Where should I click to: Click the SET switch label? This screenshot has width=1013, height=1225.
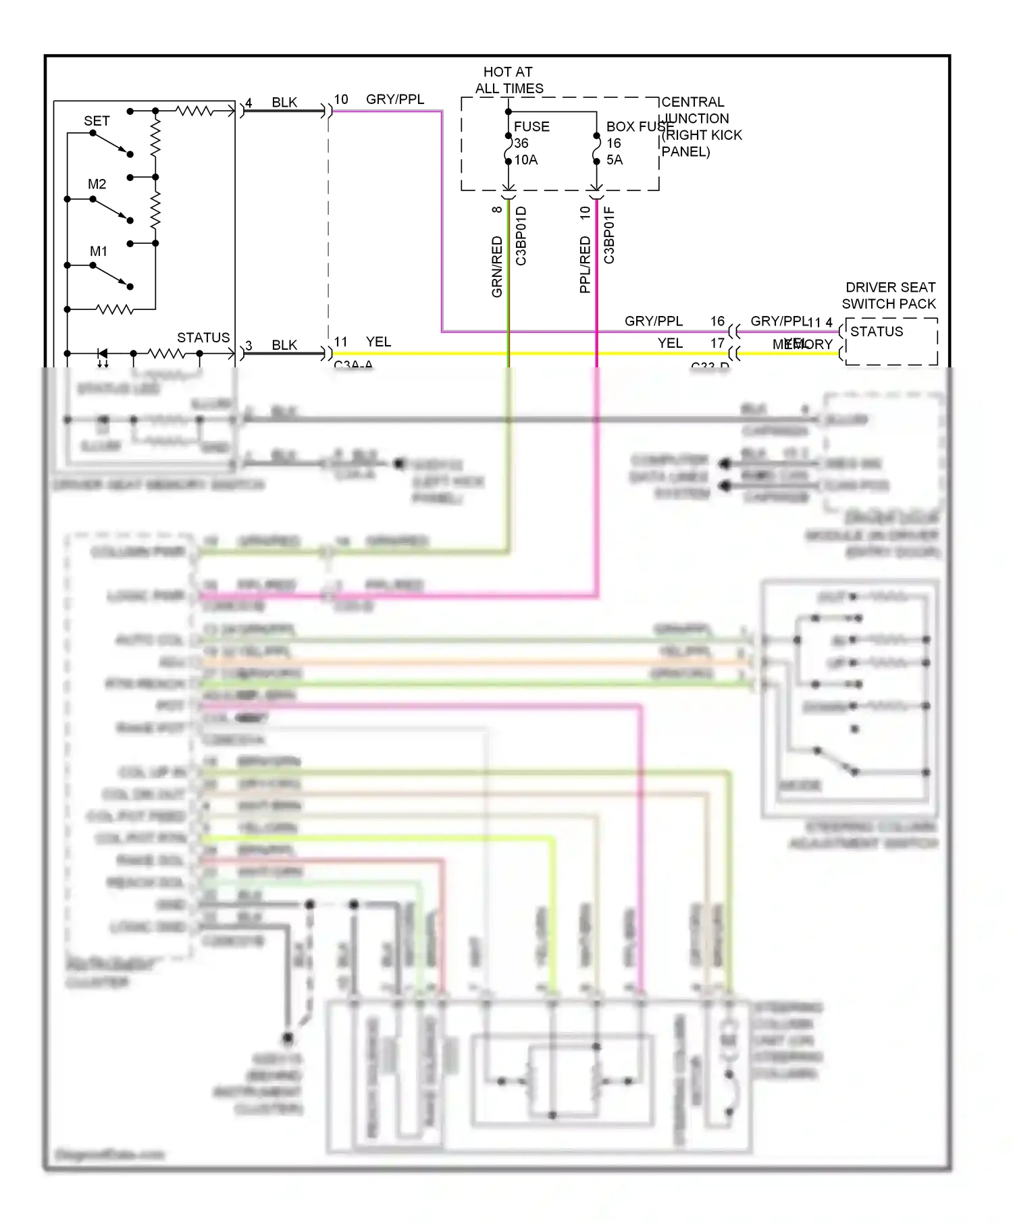pyautogui.click(x=97, y=121)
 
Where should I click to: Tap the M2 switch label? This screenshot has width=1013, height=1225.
pyautogui.click(x=97, y=184)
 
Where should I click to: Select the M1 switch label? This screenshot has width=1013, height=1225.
pyautogui.click(x=99, y=251)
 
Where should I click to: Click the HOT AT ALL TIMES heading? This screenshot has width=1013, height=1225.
pyautogui.click(x=509, y=80)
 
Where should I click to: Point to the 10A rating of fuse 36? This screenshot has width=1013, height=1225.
pyautogui.click(x=526, y=160)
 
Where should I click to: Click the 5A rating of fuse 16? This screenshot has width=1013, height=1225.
pyautogui.click(x=614, y=160)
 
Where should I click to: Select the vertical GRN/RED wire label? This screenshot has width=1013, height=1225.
pyautogui.click(x=497, y=266)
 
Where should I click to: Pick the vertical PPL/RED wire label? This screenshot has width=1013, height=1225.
pyautogui.click(x=585, y=264)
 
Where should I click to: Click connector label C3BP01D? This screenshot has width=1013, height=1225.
pyautogui.click(x=521, y=236)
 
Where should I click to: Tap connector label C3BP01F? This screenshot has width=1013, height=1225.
pyautogui.click(x=609, y=235)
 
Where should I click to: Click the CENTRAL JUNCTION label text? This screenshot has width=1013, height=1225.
pyautogui.click(x=694, y=110)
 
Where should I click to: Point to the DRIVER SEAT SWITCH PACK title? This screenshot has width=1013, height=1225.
pyautogui.click(x=889, y=296)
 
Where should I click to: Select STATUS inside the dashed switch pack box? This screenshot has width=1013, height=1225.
pyautogui.click(x=877, y=332)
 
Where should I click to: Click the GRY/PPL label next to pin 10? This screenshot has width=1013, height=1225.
pyautogui.click(x=395, y=99)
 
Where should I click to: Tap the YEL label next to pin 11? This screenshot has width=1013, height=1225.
pyautogui.click(x=378, y=342)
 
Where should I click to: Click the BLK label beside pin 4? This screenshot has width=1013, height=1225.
pyautogui.click(x=284, y=103)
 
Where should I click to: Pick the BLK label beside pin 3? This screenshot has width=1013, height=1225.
pyautogui.click(x=284, y=345)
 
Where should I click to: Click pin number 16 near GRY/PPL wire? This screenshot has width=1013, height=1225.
pyautogui.click(x=717, y=321)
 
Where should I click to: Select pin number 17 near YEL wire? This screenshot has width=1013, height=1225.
pyautogui.click(x=717, y=343)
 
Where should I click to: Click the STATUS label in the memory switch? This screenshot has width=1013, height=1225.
pyautogui.click(x=203, y=338)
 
